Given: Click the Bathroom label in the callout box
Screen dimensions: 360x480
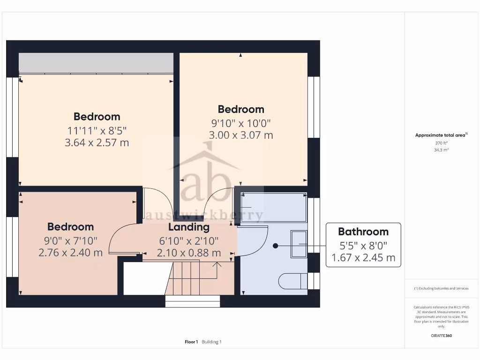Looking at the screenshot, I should (363, 232).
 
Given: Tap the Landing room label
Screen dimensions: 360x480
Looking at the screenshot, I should (188, 227).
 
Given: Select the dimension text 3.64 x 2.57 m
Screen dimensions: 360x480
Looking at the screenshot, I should (97, 142).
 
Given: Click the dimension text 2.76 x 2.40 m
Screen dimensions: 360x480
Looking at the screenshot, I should (70, 253).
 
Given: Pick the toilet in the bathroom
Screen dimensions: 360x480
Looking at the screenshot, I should (292, 281).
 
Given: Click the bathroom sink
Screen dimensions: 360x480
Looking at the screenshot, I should (299, 244).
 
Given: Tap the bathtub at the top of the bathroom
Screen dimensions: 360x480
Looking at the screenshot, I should (273, 207).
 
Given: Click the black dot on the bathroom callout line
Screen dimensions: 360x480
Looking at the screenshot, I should (275, 246).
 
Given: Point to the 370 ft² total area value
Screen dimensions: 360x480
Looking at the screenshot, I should (441, 143).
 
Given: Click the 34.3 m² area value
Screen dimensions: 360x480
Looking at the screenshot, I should (441, 150).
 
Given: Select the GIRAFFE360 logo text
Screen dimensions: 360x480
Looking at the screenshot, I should (441, 336).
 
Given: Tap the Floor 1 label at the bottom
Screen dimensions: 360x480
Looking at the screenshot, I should (191, 342).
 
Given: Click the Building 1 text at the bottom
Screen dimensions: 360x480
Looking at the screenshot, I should (211, 342).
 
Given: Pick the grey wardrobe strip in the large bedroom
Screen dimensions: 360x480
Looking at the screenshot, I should (96, 63).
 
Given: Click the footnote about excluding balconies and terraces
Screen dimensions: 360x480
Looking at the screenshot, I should (441, 288).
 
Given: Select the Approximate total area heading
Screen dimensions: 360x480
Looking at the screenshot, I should (441, 135).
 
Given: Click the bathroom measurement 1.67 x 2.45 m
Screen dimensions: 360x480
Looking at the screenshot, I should (363, 257).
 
